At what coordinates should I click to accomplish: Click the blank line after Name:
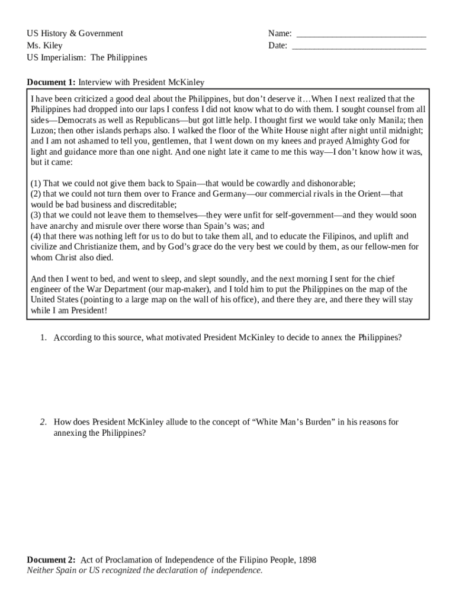click(361, 34)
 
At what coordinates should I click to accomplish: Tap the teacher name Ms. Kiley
click(44, 46)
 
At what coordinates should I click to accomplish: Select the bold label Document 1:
click(52, 82)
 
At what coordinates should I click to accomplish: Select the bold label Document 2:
click(52, 560)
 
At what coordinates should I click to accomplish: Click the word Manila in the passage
click(388, 120)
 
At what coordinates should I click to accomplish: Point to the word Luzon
click(43, 130)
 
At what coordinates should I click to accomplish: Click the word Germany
click(229, 194)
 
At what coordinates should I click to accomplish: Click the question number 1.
click(43, 338)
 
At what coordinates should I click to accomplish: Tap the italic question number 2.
click(43, 422)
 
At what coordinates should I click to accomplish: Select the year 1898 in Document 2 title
click(306, 560)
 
